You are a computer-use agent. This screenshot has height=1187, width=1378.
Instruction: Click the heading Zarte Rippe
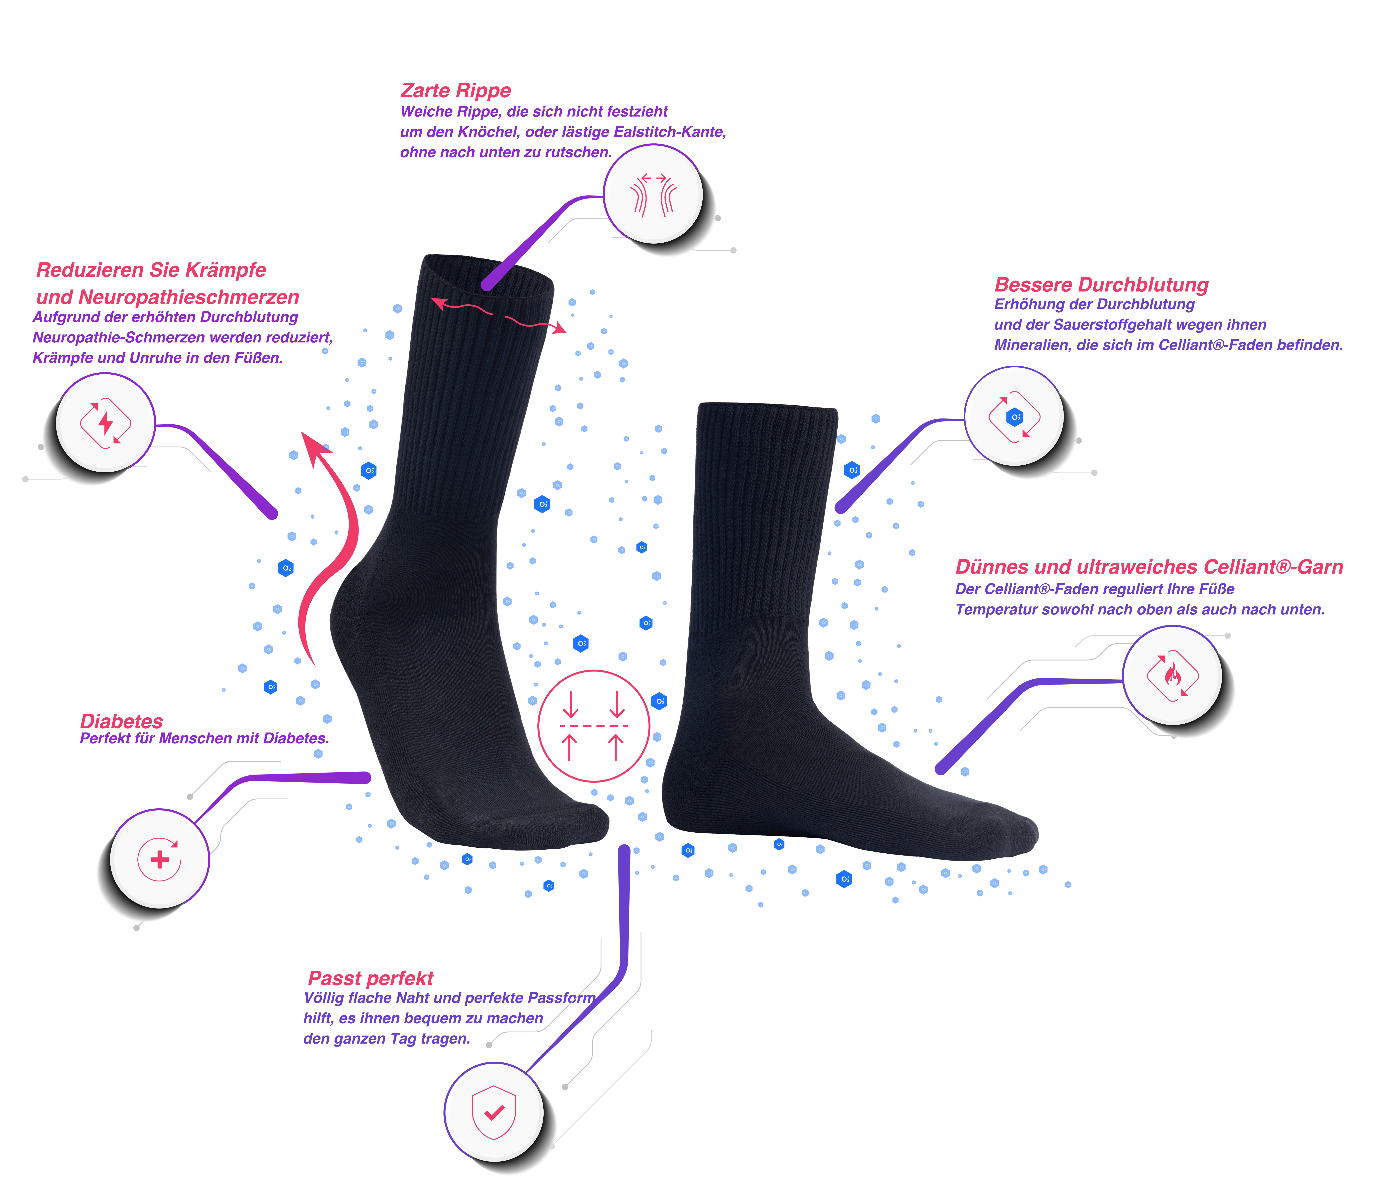pyautogui.click(x=456, y=91)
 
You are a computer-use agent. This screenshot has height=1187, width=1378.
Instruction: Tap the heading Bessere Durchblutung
pyautogui.click(x=1101, y=285)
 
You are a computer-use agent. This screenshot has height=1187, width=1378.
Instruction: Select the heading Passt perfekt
pyautogui.click(x=370, y=978)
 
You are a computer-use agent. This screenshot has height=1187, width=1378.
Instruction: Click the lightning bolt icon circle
pyautogui.click(x=105, y=423)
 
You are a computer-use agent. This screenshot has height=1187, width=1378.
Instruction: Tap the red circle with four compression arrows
pyautogui.click(x=593, y=726)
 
